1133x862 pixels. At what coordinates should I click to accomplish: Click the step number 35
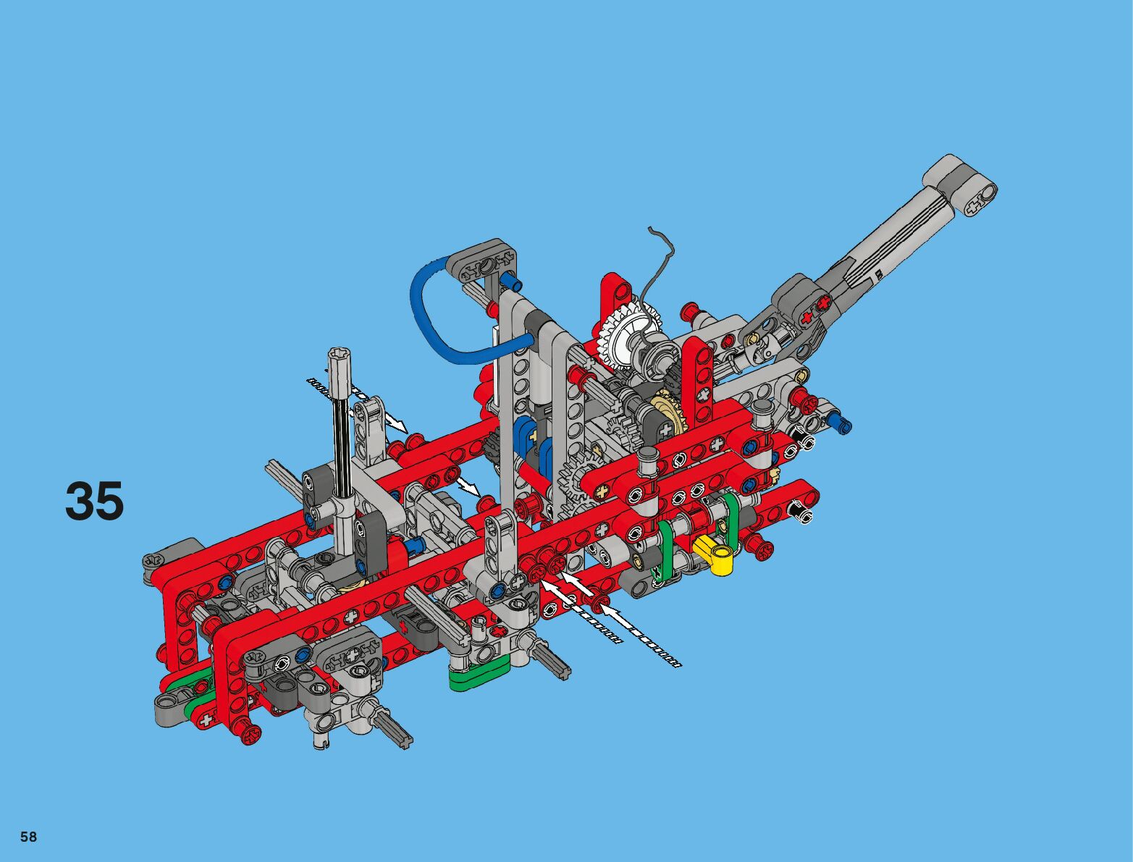(94, 500)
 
